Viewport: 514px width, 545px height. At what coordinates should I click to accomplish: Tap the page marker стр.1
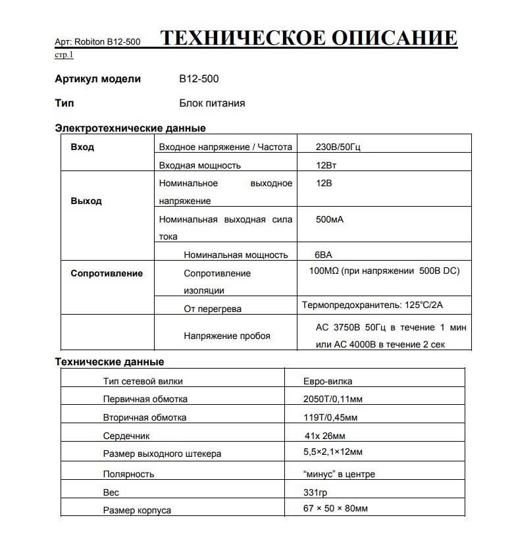coord(64,55)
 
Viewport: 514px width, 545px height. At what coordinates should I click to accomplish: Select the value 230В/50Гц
coord(338,147)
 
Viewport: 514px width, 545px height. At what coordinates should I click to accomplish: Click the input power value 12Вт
coord(326,165)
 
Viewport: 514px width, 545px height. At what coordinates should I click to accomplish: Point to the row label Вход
coord(82,147)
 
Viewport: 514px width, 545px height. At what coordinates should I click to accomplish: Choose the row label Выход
coord(86,201)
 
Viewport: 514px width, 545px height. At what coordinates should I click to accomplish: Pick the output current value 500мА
coord(330,219)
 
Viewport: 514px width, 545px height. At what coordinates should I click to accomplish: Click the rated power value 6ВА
coord(325,255)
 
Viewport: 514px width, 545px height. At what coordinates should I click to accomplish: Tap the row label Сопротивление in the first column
coord(107,273)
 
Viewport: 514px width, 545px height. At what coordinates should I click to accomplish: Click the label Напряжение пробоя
coord(227,336)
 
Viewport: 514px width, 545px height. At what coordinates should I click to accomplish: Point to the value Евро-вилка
coord(327,381)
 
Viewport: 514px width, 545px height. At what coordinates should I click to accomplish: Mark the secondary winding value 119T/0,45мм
coord(332,417)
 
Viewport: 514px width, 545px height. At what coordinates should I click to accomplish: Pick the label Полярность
coord(128,474)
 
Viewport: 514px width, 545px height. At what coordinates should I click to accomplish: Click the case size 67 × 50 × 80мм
coord(336,509)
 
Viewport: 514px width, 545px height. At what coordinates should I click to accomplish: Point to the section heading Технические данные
coord(109,362)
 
